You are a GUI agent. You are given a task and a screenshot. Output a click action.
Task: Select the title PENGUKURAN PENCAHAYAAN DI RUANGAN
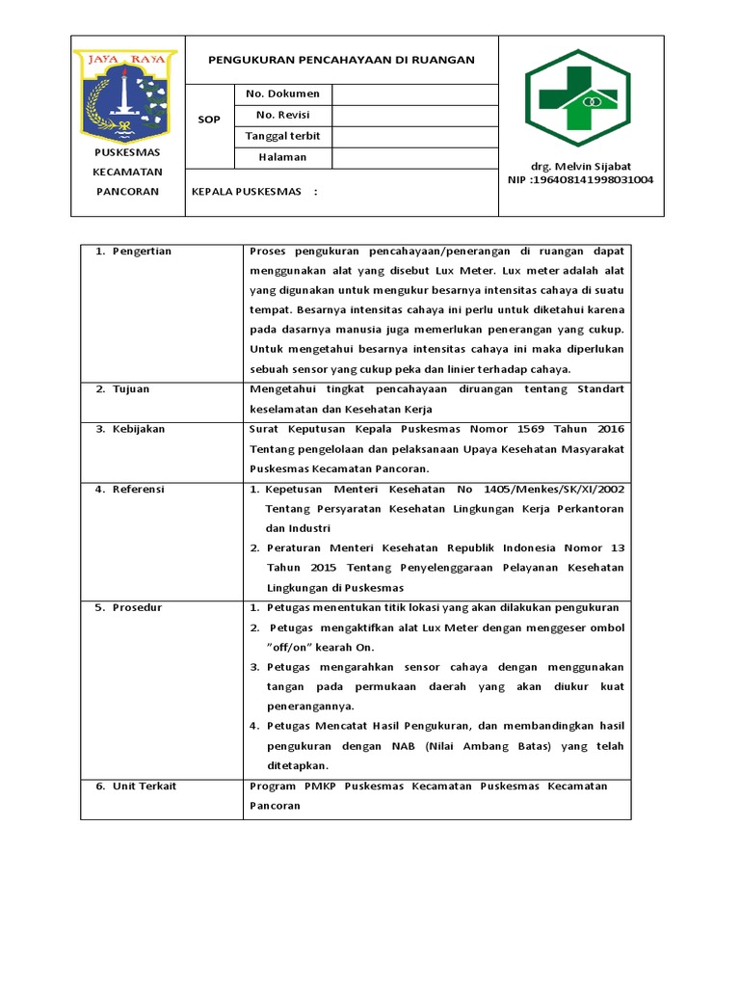(x=342, y=60)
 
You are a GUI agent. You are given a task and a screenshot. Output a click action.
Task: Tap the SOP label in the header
(x=209, y=120)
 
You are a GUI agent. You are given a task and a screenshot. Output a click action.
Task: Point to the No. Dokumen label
(x=277, y=93)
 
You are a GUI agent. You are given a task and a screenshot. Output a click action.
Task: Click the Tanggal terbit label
(x=283, y=136)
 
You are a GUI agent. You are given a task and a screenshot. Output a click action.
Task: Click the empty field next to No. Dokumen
(x=414, y=93)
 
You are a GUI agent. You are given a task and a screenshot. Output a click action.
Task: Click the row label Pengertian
(x=142, y=252)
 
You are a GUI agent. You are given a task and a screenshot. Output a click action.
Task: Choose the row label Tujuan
(x=132, y=389)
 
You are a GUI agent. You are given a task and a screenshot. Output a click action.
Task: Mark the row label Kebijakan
(x=139, y=429)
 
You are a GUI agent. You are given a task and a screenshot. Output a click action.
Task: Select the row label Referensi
(x=139, y=490)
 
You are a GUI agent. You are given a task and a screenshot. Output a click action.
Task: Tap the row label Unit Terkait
(x=145, y=787)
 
